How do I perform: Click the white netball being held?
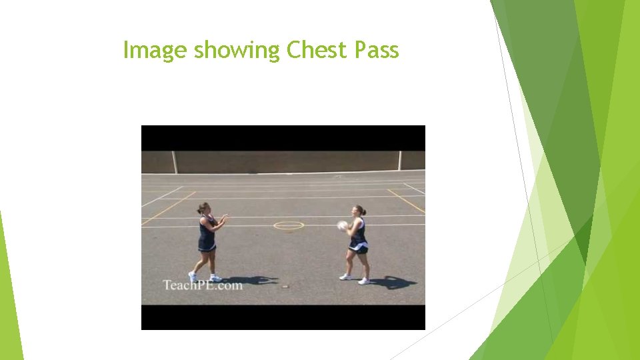point(343,225)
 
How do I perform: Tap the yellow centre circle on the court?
point(289,225)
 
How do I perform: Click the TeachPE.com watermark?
point(203,285)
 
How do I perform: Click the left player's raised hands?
point(224,217)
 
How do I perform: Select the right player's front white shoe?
point(345,276)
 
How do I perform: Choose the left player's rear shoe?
point(193,277)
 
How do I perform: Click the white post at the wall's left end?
point(175,162)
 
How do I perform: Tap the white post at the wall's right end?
point(400,161)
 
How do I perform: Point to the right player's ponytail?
point(364,212)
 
